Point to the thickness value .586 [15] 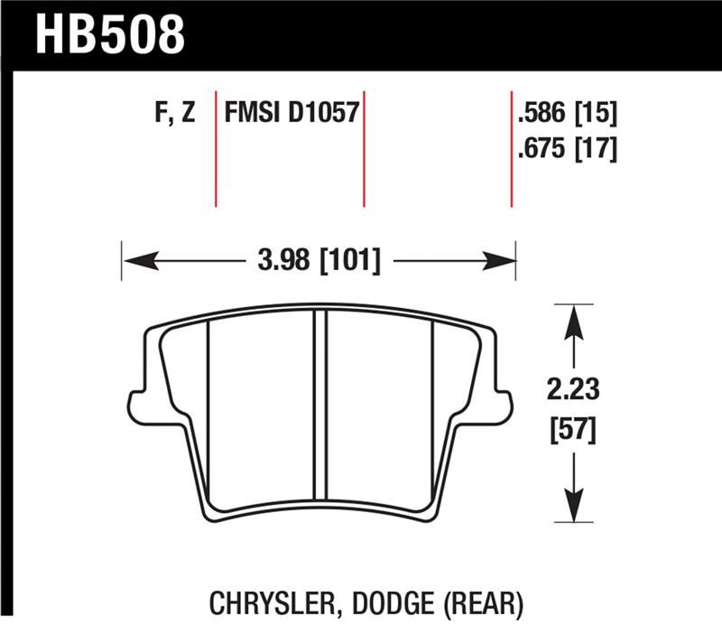(x=567, y=115)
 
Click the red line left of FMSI (x=216, y=149)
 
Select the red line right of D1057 (x=364, y=149)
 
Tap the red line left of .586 (x=512, y=149)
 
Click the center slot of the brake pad (x=319, y=406)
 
